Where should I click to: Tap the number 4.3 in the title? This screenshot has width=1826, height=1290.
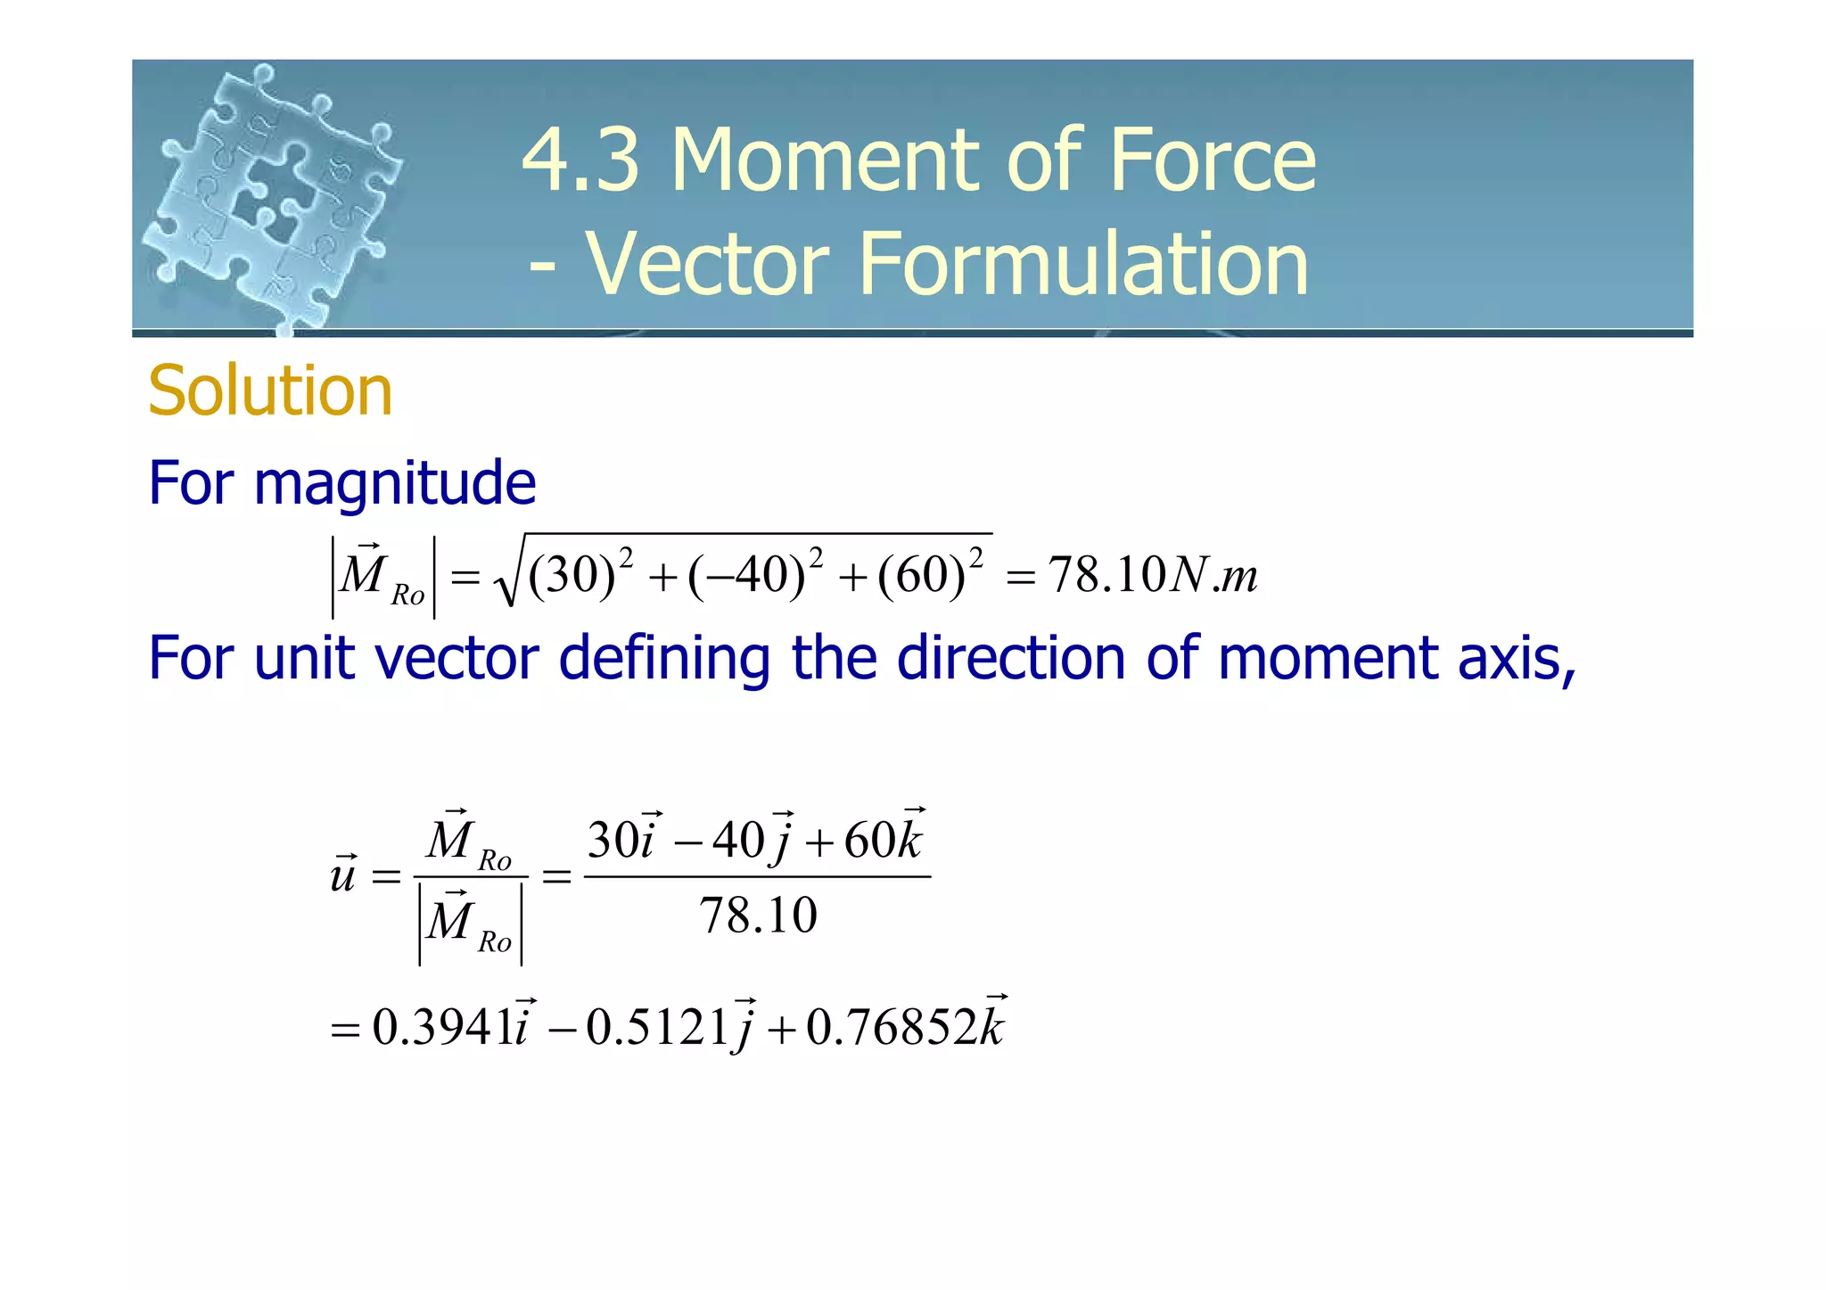580,160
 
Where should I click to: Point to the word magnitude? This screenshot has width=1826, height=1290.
395,483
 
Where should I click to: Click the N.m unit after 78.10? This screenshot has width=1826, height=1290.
1213,575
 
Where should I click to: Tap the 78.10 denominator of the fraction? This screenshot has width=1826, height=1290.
758,916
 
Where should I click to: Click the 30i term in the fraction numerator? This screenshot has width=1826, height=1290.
623,839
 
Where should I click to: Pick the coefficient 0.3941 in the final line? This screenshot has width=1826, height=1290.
443,1027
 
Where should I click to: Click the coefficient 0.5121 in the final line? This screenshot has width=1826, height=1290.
658,1027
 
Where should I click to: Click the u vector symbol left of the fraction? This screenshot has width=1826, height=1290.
343,875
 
